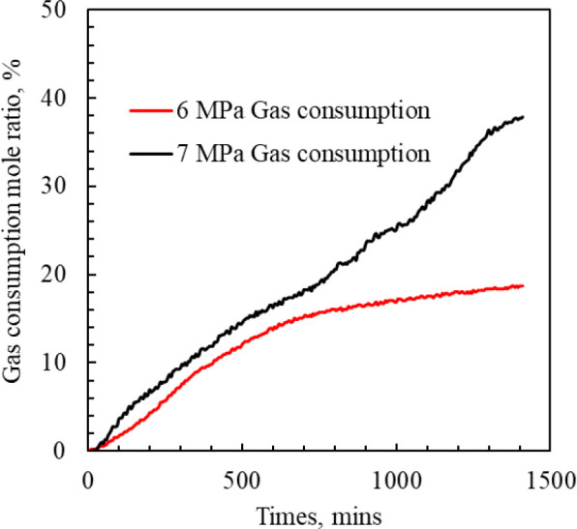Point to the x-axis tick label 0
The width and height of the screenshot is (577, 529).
[x=88, y=479]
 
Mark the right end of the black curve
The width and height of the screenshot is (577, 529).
[x=523, y=117]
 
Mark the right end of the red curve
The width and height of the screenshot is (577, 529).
[x=523, y=286]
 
